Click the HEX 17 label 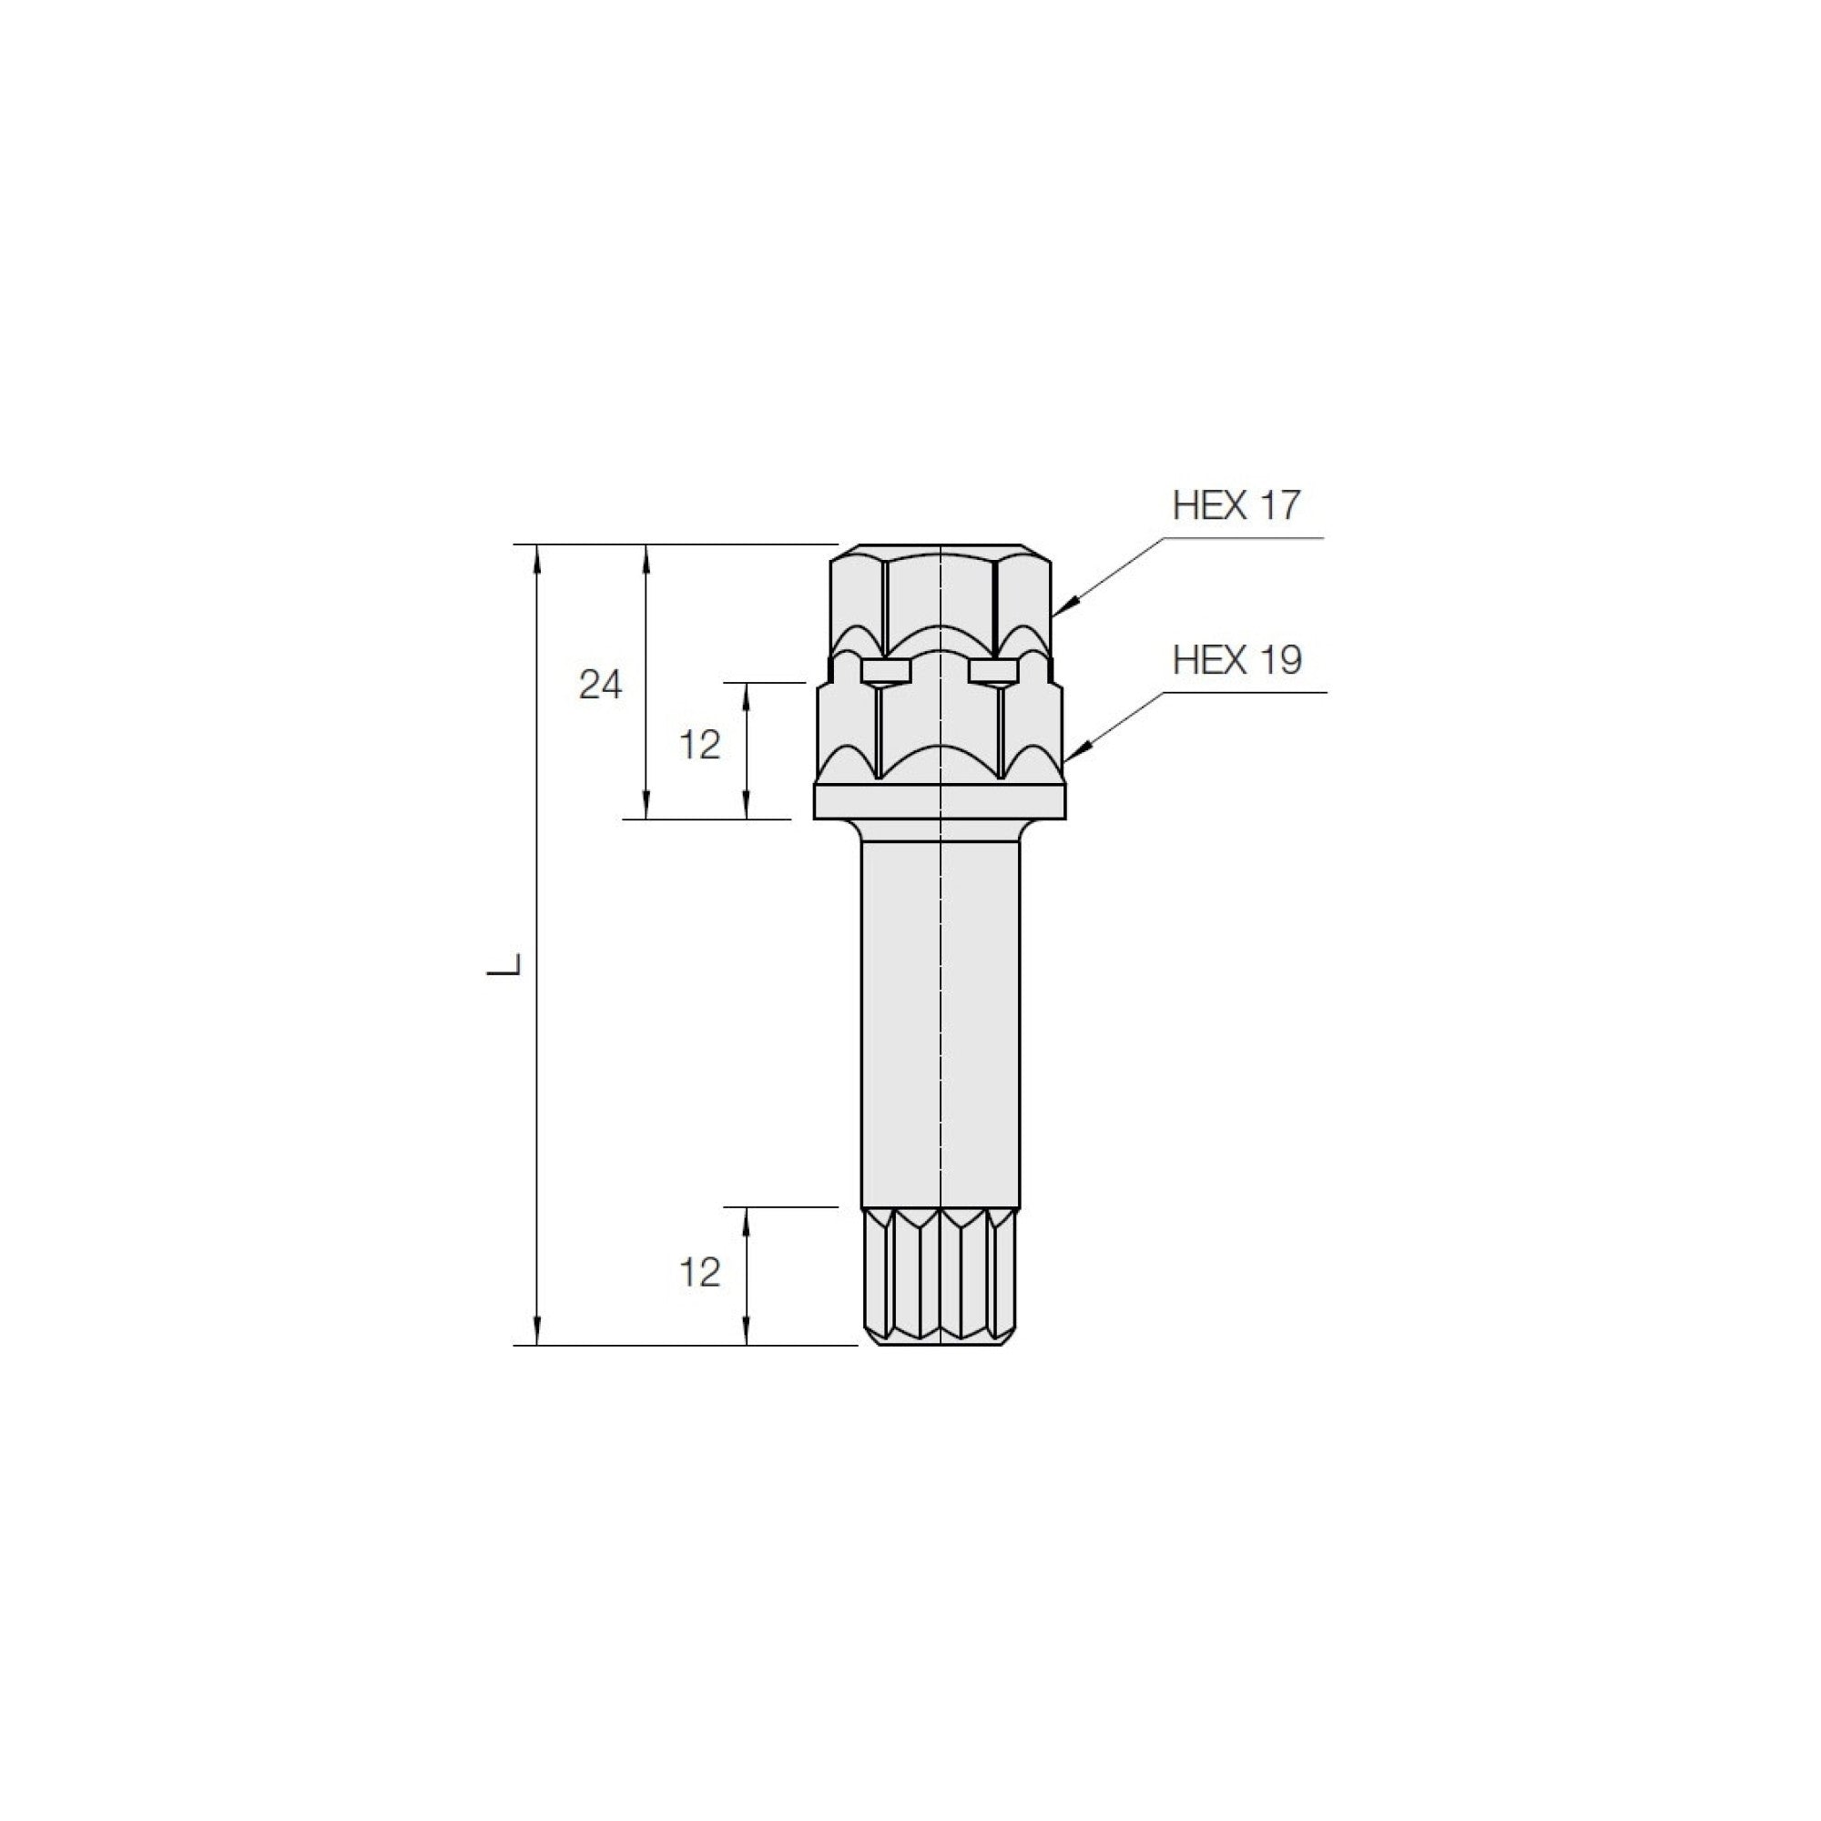pyautogui.click(x=1236, y=506)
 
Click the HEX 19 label pyautogui.click(x=1236, y=661)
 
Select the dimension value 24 pyautogui.click(x=600, y=686)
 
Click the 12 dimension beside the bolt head pyautogui.click(x=699, y=746)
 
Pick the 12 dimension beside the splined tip pyautogui.click(x=699, y=1274)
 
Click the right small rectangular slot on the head pyautogui.click(x=993, y=670)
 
